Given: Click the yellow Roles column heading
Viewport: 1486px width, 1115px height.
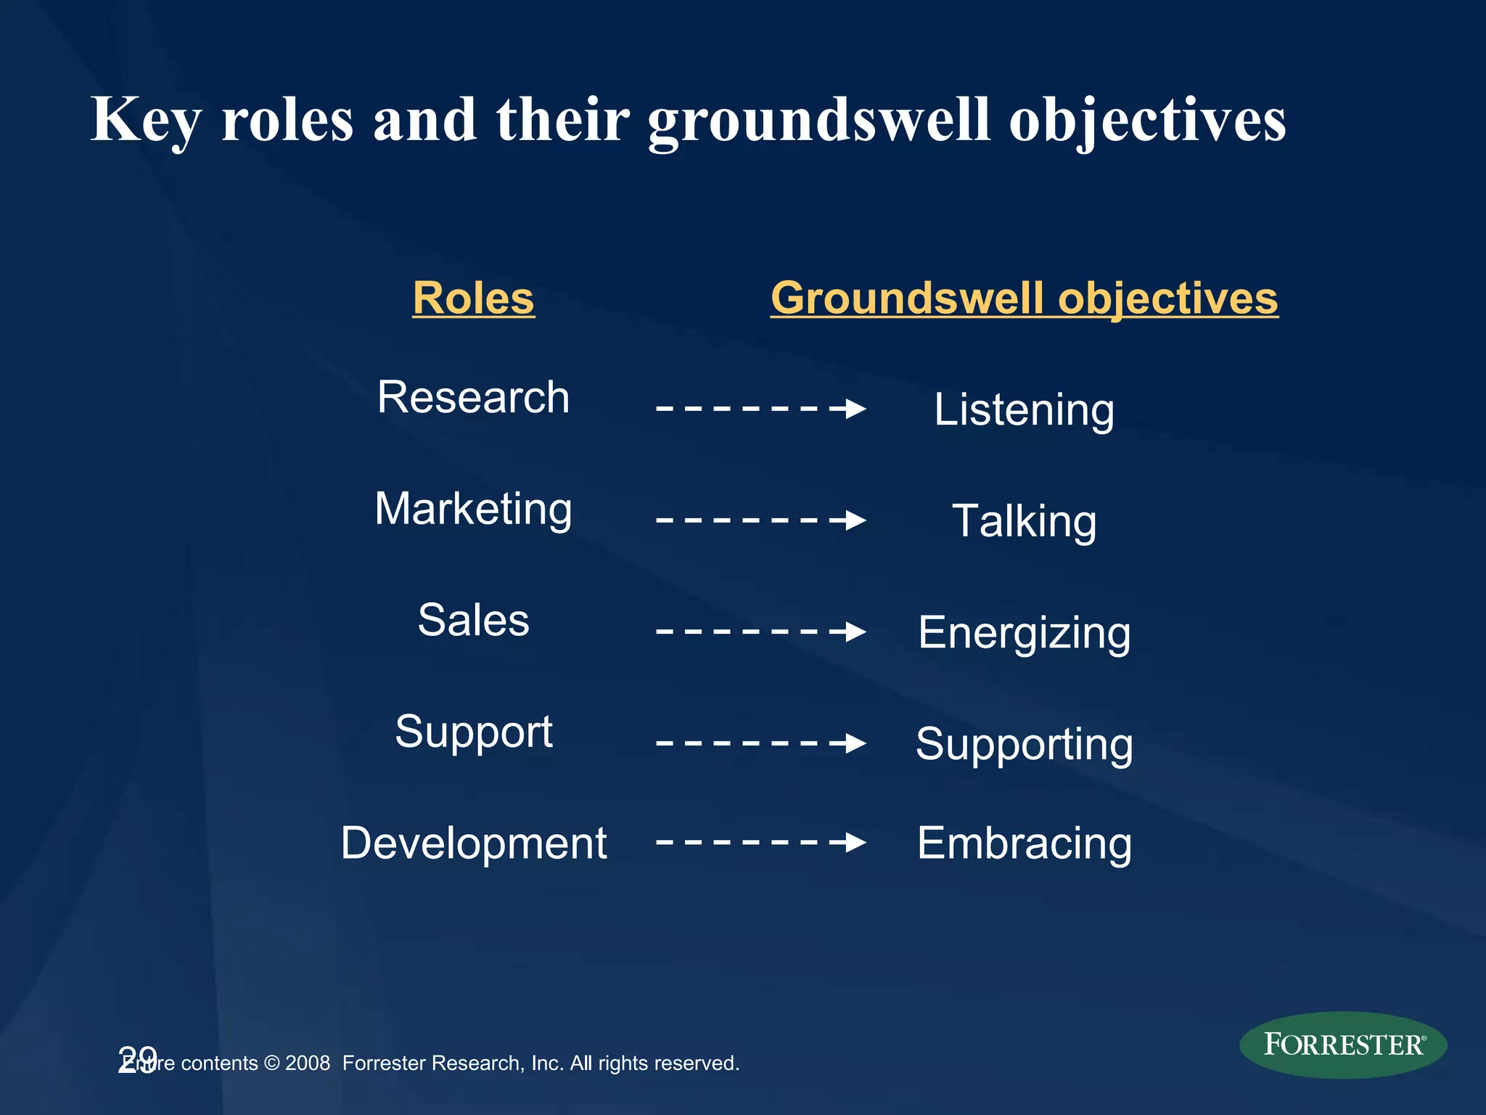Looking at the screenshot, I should coord(473,298).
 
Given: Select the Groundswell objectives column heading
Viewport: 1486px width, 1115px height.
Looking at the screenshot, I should coord(1024,298).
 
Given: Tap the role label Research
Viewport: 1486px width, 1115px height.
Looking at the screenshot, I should coord(473,398).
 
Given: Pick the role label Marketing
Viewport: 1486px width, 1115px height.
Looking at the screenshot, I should coord(473,509).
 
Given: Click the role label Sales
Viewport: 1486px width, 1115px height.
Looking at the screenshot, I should coord(473,621).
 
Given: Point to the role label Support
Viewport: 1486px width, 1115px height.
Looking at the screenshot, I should coord(473,732).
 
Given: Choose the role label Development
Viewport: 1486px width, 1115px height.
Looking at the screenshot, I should coord(473,844).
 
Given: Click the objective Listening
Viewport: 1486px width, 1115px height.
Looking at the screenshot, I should coord(1024,410).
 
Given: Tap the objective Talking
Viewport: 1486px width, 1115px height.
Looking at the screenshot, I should coord(1024,521).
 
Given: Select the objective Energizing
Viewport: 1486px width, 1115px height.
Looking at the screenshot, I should coord(1024,633).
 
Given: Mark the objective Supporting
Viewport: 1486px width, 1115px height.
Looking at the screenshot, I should coord(1024,744).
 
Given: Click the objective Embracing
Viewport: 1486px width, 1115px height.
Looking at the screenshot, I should coord(1024,844).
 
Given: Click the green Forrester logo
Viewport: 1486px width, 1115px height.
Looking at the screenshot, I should coord(1343,1045).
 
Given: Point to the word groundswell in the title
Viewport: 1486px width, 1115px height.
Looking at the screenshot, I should coord(818,120).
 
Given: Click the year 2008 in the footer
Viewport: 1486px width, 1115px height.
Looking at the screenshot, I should coord(308,1063).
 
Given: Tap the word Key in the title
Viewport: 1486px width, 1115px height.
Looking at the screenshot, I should coord(145,120).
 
